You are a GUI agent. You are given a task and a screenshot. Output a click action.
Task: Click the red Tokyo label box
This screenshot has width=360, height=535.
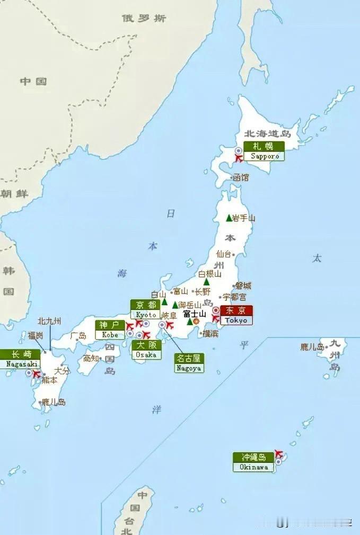pyautogui.click(x=236, y=315)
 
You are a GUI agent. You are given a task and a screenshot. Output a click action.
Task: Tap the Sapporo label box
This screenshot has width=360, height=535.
pyautogui.click(x=264, y=151)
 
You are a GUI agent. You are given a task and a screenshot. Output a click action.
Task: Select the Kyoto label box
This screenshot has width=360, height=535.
pyautogui.click(x=145, y=309)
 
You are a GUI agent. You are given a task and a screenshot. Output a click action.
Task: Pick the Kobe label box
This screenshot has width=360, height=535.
pyautogui.click(x=110, y=330)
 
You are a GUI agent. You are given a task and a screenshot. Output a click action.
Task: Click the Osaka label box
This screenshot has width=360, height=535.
pyautogui.click(x=145, y=350)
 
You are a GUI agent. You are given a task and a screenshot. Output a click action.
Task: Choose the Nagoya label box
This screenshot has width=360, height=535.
pyautogui.click(x=189, y=363)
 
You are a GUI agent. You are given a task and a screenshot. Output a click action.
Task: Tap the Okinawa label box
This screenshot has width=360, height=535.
pyautogui.click(x=253, y=462)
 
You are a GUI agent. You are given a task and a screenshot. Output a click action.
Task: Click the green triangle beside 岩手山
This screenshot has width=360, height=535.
pyautogui.click(x=229, y=218)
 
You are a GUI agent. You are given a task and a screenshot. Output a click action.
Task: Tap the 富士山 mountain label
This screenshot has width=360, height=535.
pyautogui.click(x=195, y=314)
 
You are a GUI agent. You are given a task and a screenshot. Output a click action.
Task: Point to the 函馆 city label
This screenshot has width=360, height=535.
pyautogui.click(x=240, y=178)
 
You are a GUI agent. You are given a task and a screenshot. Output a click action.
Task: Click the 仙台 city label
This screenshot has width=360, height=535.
pyautogui.click(x=224, y=254)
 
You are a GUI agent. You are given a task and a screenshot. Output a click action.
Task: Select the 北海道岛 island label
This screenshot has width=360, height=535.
pyautogui.click(x=268, y=134)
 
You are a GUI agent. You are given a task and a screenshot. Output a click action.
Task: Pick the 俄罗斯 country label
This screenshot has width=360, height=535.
pyautogui.click(x=144, y=19)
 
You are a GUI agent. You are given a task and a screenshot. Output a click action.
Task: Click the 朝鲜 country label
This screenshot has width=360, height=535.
pyautogui.click(x=14, y=193)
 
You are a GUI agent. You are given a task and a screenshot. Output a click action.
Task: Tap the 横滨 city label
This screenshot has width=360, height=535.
pyautogui.click(x=210, y=333)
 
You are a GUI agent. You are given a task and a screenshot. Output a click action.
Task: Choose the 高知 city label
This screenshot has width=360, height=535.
pyautogui.click(x=91, y=359)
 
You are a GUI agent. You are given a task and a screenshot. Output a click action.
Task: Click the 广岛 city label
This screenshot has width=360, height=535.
pyautogui.click(x=78, y=336)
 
